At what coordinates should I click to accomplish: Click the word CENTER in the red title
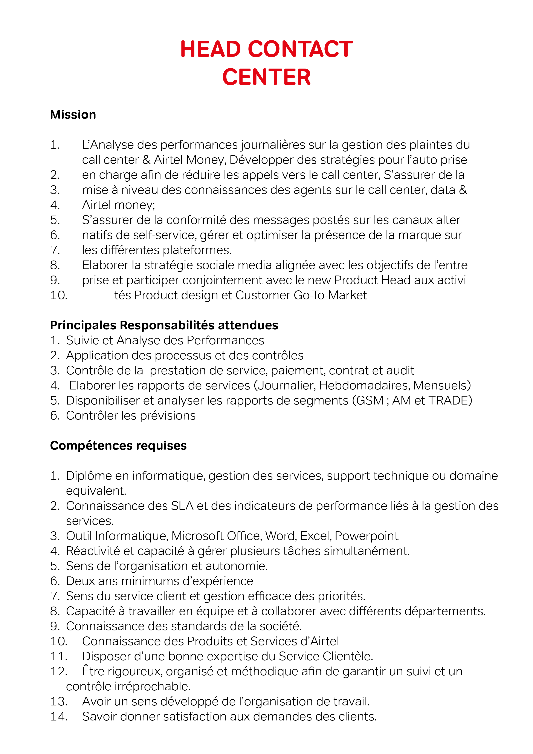coord(266,78)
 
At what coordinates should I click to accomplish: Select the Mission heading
coord(73,115)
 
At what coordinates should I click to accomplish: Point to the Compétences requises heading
coord(118,446)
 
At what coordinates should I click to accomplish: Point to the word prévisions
coord(168,416)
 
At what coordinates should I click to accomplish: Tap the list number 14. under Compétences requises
coord(59,717)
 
